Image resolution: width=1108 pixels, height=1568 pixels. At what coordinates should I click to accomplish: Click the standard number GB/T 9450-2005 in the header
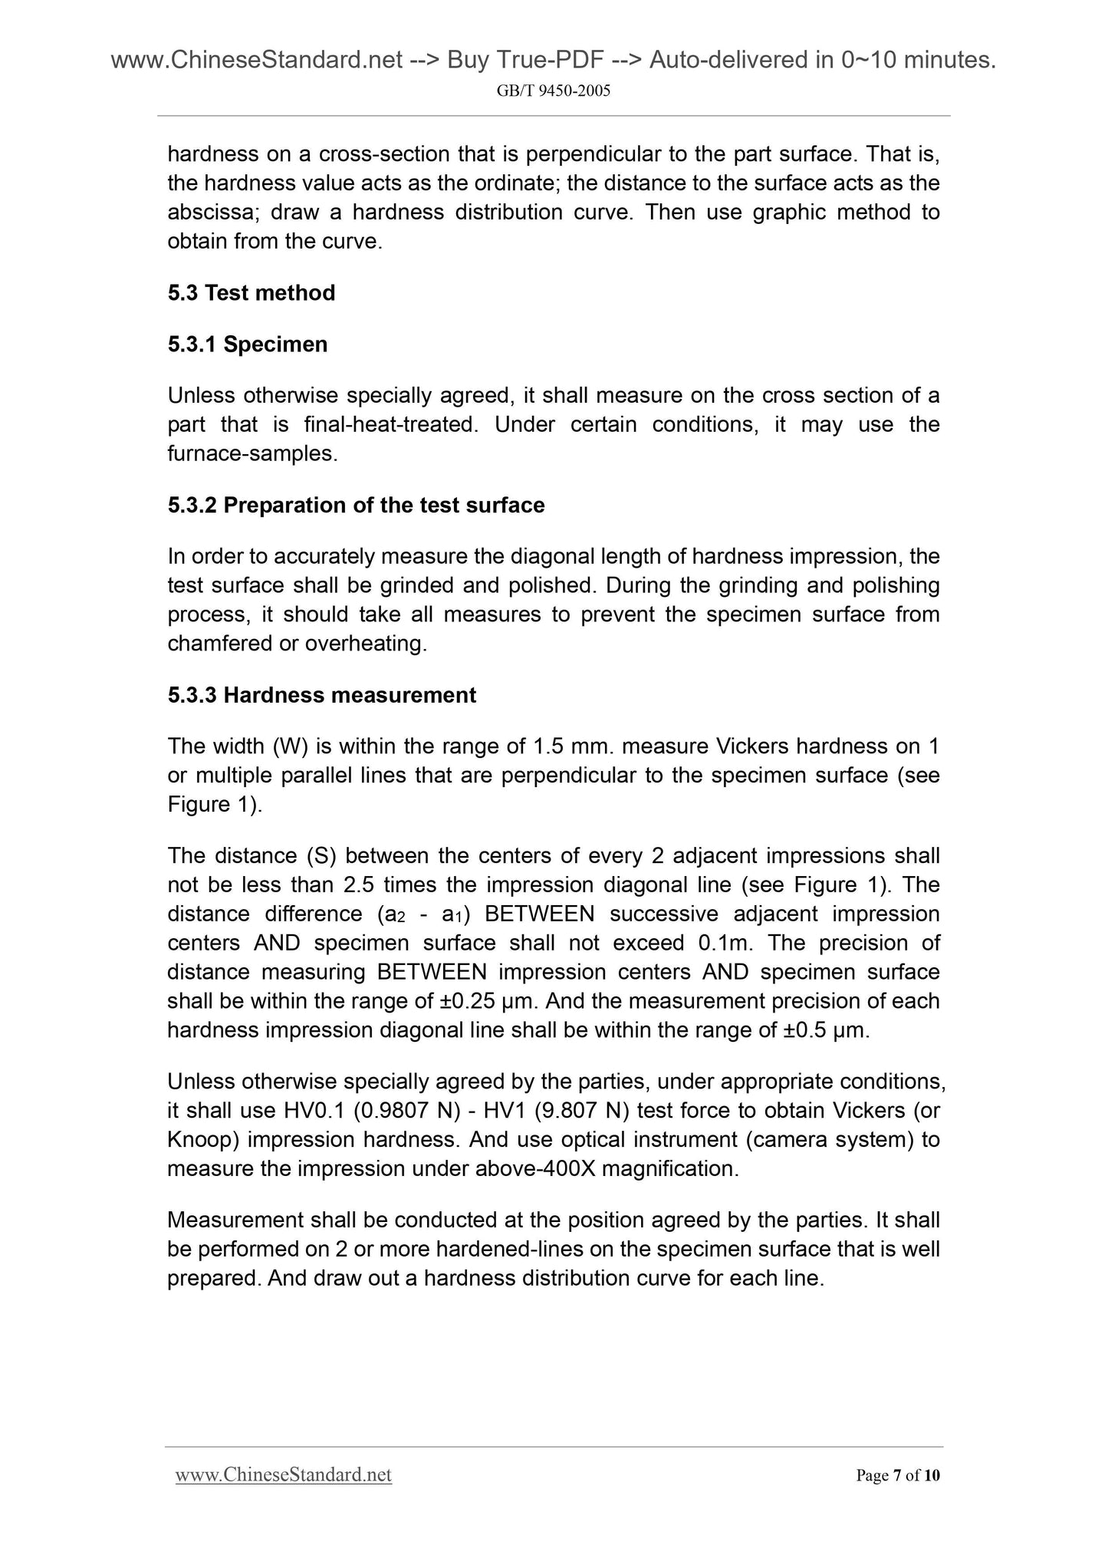pos(554,91)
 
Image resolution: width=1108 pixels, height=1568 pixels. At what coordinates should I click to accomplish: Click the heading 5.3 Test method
pos(252,293)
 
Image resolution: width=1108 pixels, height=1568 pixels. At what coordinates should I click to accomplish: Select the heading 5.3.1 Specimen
pos(248,344)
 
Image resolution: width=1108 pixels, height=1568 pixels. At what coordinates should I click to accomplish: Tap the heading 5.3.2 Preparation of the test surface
pos(356,506)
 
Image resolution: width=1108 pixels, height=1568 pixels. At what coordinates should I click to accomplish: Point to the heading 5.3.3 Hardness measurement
pos(322,695)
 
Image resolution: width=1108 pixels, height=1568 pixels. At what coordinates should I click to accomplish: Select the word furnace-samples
pos(252,453)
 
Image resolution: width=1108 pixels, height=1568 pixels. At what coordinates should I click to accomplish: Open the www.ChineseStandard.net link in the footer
pos(284,1475)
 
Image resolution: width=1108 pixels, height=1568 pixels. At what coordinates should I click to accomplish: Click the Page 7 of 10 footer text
pos(897,1475)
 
